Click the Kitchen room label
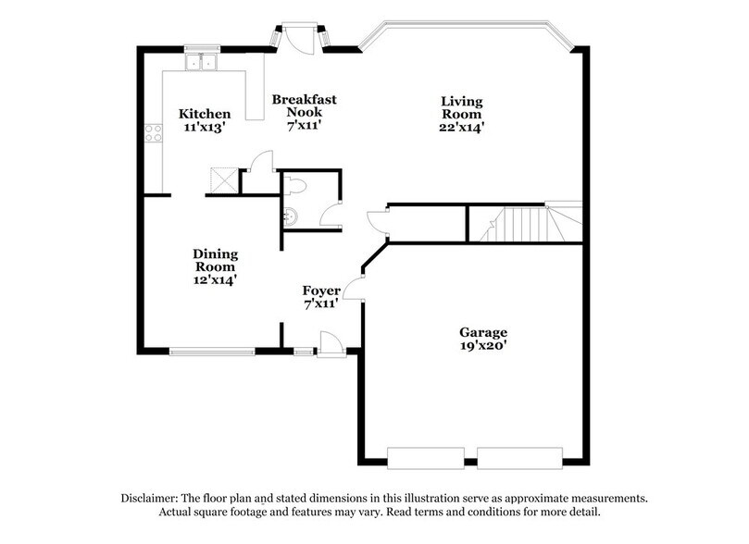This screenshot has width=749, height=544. pos(205,114)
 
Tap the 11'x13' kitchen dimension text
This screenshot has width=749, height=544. pos(205,130)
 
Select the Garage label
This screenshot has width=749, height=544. pos(483,332)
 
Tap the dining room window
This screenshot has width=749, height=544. pos(211,350)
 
